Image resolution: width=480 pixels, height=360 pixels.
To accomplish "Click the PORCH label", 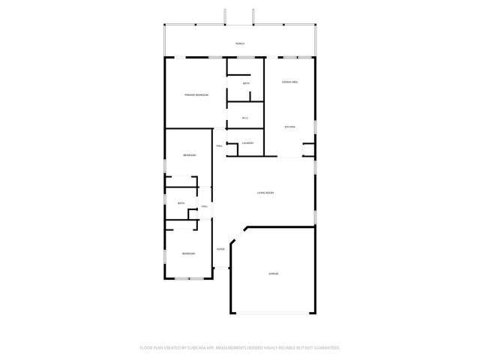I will click(240, 44).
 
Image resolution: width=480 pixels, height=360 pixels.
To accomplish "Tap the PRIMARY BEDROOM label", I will click(196, 95).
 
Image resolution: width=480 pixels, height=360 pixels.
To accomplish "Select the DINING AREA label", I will click(290, 81).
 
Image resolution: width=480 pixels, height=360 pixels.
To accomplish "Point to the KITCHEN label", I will click(289, 127).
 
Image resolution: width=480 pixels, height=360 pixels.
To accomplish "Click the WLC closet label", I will click(245, 118).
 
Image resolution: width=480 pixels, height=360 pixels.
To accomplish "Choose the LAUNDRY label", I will click(247, 143).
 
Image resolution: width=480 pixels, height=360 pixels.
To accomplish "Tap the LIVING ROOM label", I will click(265, 193).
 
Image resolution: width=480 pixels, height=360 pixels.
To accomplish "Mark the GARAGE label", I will click(274, 274).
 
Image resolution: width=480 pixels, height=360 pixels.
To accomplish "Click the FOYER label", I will click(220, 249).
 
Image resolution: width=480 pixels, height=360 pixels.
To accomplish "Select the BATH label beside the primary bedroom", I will click(246, 84).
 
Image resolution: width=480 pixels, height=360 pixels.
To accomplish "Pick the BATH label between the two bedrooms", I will click(181, 203).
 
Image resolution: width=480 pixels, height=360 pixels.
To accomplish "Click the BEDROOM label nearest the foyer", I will click(188, 254).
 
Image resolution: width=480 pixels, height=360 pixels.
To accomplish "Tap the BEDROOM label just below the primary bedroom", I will click(189, 155).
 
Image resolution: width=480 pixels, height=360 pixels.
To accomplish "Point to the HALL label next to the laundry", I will click(219, 145).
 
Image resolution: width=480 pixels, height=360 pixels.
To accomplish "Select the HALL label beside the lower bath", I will click(204, 208).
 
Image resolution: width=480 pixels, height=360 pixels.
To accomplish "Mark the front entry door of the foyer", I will click(222, 268).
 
